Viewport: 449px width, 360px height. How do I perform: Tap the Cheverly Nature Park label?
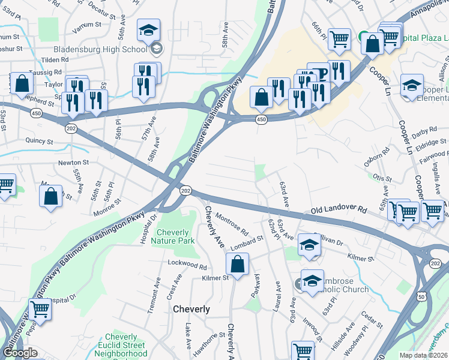click(x=176, y=236)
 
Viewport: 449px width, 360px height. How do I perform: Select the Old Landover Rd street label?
click(x=339, y=211)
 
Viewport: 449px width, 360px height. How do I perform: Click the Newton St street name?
click(x=73, y=162)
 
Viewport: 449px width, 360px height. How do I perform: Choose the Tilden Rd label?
click(x=55, y=60)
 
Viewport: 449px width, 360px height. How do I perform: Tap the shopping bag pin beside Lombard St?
click(x=238, y=264)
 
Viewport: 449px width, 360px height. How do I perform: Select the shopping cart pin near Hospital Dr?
click(x=40, y=310)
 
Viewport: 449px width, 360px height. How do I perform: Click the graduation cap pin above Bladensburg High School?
click(x=148, y=30)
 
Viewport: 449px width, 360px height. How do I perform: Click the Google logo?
click(x=20, y=353)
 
